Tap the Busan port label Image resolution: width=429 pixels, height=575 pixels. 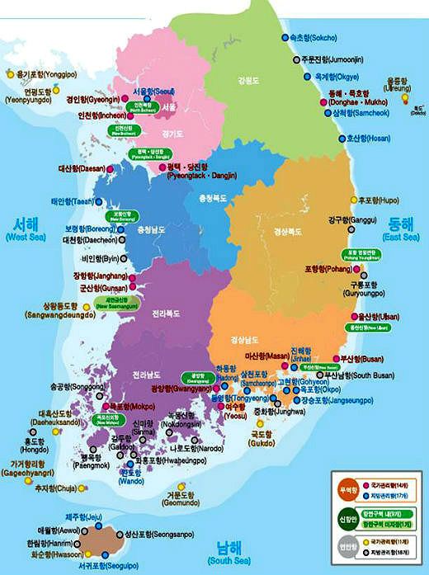pos(357,359)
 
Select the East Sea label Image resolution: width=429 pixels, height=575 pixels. pos(403,229)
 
